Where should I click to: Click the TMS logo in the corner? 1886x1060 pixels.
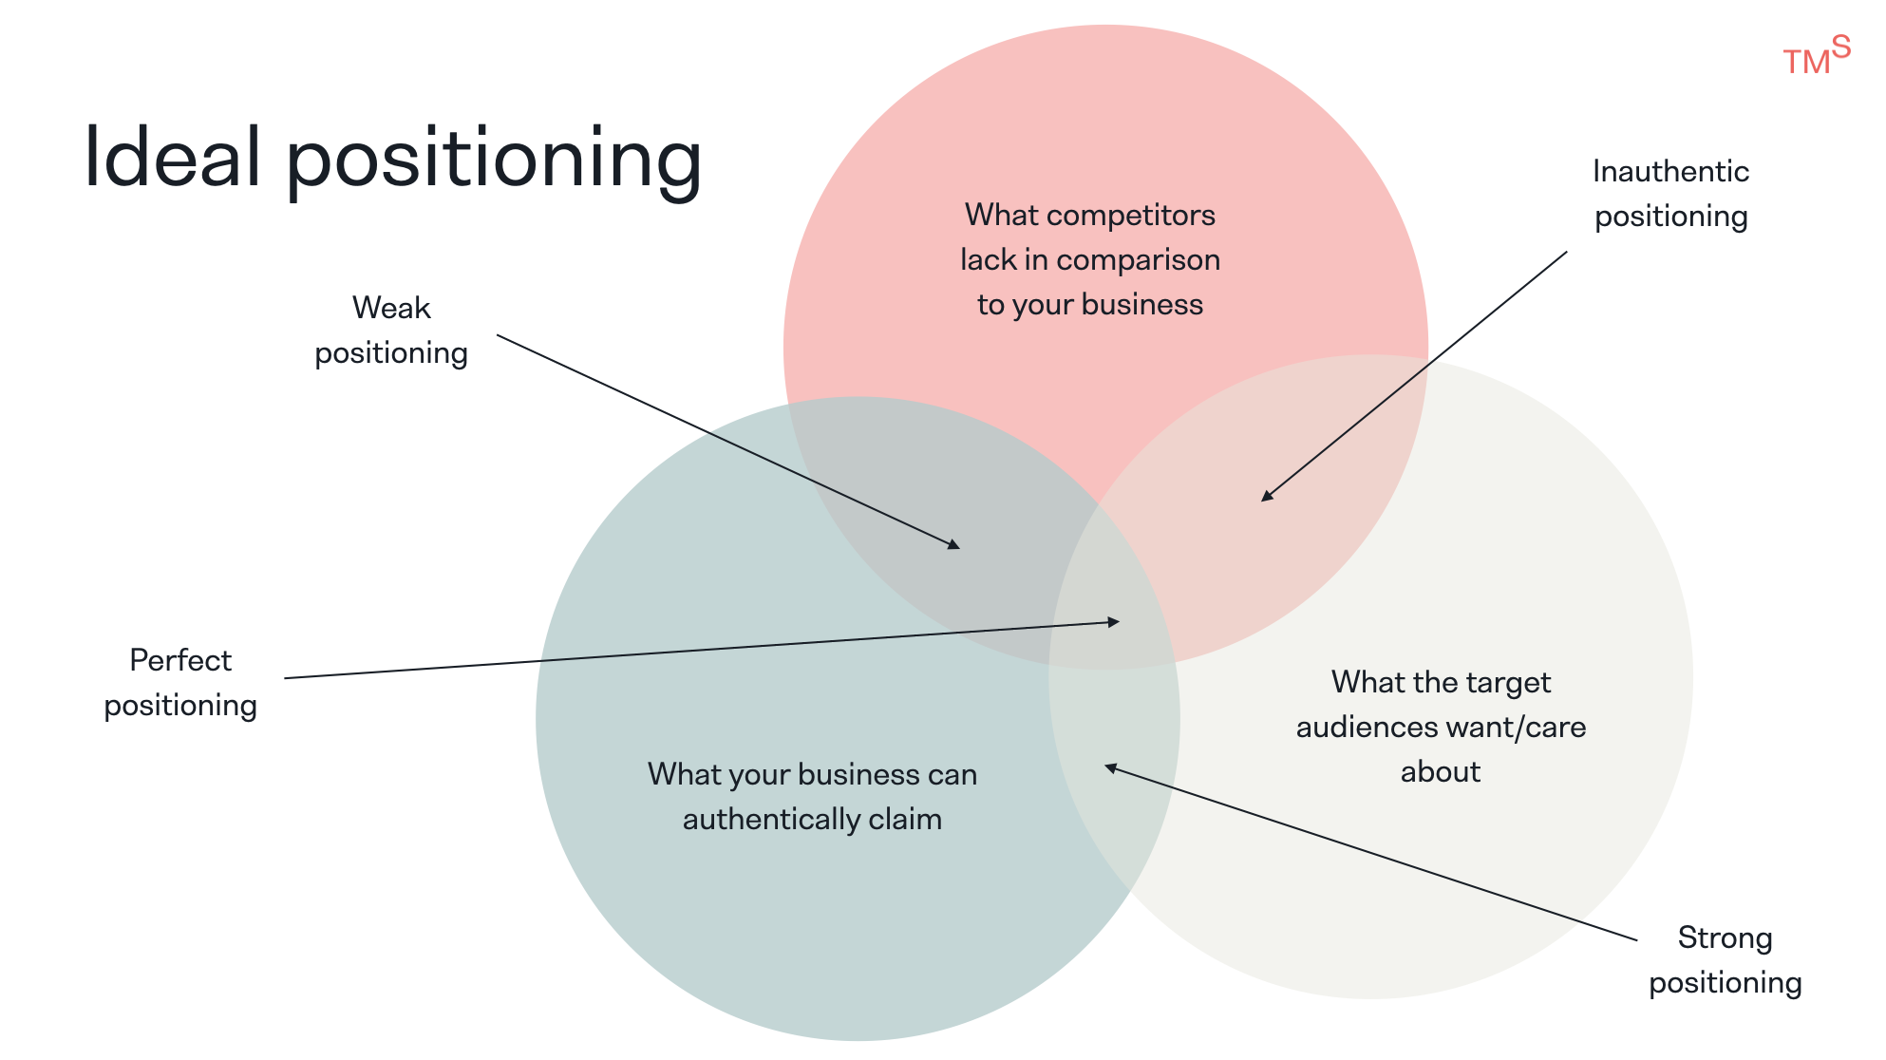[x=1815, y=56]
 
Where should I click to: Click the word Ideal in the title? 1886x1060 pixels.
[x=172, y=157]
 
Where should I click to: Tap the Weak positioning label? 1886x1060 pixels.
[x=391, y=330]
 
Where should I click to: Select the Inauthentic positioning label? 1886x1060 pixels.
[x=1670, y=194]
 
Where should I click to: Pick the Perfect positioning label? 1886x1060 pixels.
[x=180, y=682]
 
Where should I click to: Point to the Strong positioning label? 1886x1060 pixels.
[x=1725, y=959]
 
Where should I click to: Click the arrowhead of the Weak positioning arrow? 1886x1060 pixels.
[x=954, y=545]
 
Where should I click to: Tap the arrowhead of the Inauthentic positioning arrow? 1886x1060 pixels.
[x=1267, y=496]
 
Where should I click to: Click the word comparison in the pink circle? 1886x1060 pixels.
[x=1138, y=260]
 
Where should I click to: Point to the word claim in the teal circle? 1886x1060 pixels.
[x=905, y=819]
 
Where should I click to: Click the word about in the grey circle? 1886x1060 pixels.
[x=1440, y=772]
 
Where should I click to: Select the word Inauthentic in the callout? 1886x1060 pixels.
[x=1670, y=172]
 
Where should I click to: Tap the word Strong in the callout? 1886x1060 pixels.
[x=1725, y=938]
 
